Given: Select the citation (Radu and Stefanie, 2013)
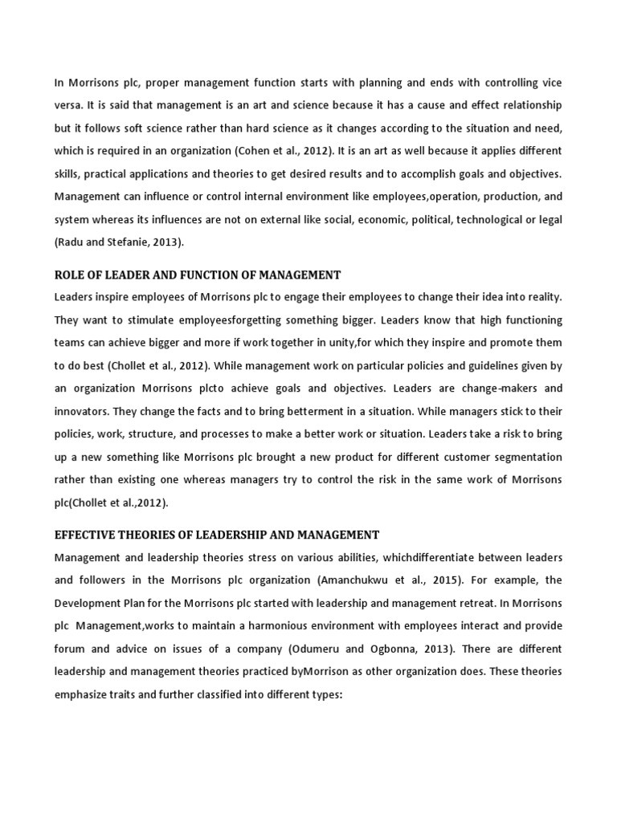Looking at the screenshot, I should coord(118,242).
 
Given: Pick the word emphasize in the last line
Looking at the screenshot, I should coord(84,693).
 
